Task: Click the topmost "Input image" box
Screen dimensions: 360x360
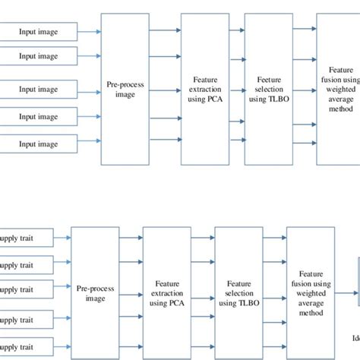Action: [x=38, y=32]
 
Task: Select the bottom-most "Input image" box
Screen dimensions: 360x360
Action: [x=38, y=144]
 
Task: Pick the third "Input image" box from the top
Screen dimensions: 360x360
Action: [x=38, y=90]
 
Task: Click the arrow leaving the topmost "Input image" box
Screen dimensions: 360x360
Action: [x=89, y=32]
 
